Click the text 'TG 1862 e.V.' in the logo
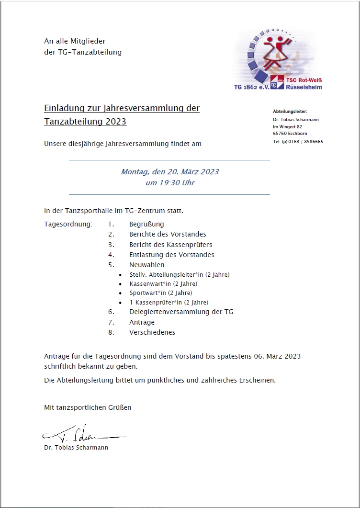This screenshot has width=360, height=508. [251, 87]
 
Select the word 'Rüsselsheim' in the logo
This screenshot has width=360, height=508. [304, 87]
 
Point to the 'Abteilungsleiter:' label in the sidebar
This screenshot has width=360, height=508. [290, 112]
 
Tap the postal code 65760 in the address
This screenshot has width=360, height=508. [280, 134]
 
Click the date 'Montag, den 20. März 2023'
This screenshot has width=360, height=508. [170, 172]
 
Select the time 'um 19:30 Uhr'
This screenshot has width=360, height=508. [170, 182]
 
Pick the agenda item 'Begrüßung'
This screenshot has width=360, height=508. [146, 224]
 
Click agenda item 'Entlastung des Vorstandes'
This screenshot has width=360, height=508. [171, 255]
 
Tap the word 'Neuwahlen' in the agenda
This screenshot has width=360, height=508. [146, 265]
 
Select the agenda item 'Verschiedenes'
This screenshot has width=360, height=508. [152, 332]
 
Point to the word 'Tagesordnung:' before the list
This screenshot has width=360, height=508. [68, 224]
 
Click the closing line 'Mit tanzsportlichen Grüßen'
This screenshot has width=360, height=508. [88, 407]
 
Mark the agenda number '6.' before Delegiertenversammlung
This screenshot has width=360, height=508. [111, 312]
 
